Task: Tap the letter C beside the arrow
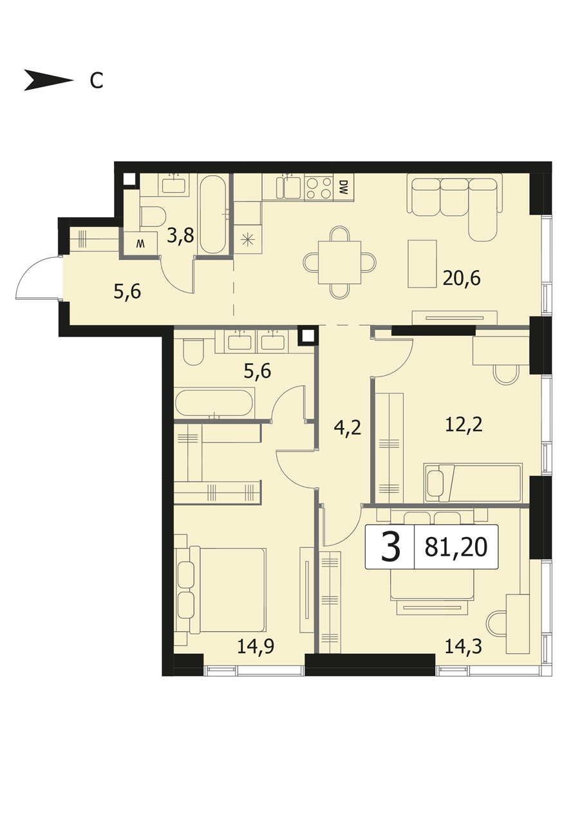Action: (x=97, y=80)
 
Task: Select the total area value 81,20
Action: (x=456, y=547)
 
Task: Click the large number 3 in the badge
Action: (x=391, y=547)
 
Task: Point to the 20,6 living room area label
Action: (x=462, y=278)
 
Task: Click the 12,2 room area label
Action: (x=464, y=424)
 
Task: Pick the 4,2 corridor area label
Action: (x=348, y=428)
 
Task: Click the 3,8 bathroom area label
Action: (x=180, y=236)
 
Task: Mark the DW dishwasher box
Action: (x=344, y=188)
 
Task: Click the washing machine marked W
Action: (x=140, y=244)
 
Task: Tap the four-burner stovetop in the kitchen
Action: (x=319, y=188)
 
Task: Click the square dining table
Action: (x=339, y=262)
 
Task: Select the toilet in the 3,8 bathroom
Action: (x=153, y=216)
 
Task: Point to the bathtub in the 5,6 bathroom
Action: (x=214, y=403)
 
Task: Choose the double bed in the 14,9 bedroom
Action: (x=221, y=590)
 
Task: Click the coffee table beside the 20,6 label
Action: (x=422, y=264)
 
